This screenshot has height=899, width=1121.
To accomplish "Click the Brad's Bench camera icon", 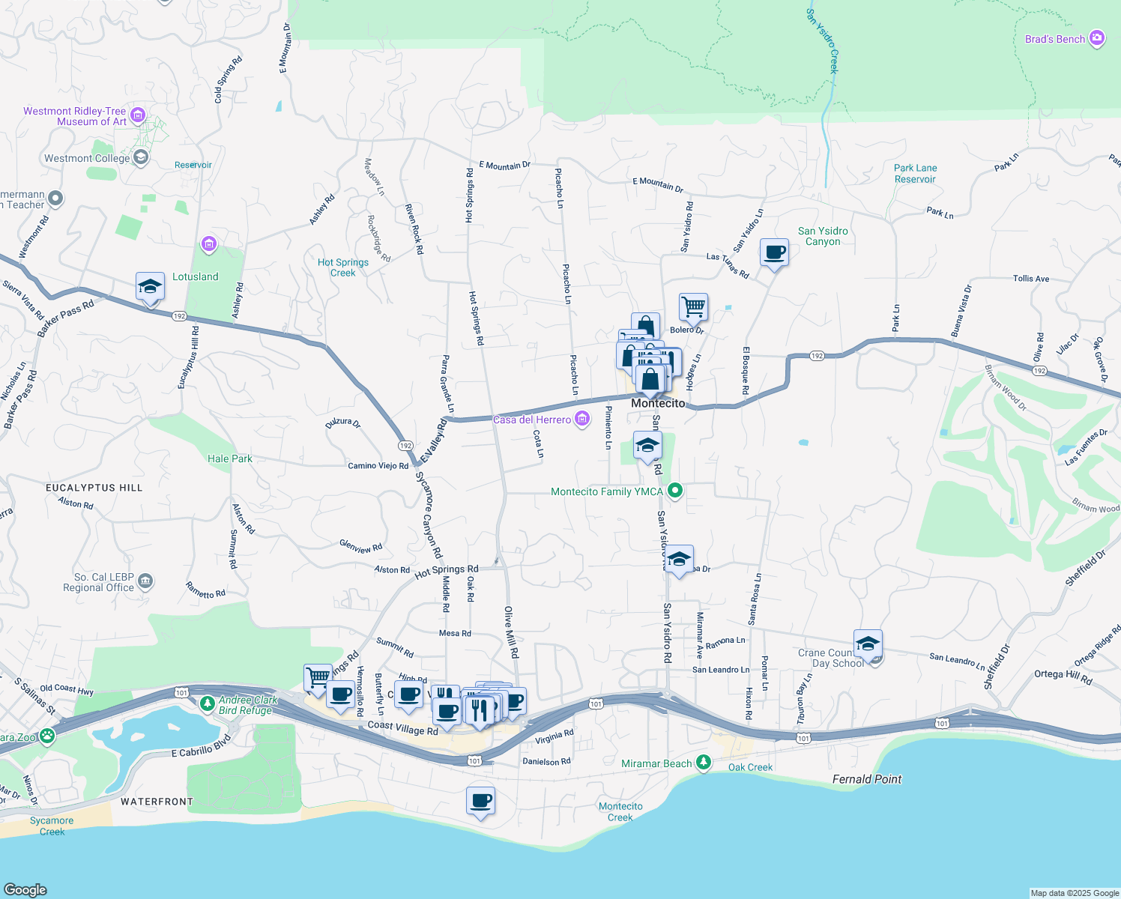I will pos(1096,38).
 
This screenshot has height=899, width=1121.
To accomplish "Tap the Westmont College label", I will pos(87,158).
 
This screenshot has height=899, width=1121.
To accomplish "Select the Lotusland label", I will pos(195,276).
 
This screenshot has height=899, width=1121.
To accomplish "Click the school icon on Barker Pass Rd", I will pos(150,287).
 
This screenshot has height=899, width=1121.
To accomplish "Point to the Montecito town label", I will pos(658,403).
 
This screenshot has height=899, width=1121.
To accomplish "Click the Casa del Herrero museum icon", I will pos(582,420).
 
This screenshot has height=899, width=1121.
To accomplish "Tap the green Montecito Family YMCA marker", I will pos(675,491).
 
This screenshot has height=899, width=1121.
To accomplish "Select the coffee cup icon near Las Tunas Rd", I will pos(774,253).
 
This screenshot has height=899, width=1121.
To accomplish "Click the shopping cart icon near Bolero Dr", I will pos(693,306).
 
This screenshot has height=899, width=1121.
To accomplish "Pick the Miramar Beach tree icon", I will pos(703,763).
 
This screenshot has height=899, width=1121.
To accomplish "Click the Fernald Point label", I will pos(867,779).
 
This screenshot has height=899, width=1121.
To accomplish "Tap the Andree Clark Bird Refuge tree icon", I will pos(208,703).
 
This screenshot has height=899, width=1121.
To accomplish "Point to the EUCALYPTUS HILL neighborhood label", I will pos(94,488).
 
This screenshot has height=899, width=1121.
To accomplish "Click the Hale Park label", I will pos(230,458).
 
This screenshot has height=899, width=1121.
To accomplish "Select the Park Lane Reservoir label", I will pos(915,174).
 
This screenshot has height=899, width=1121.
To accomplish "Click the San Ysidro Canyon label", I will pos(823,236).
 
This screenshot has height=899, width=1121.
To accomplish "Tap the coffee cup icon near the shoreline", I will pos(480,801).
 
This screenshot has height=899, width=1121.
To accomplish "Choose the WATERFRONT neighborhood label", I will pos(157,802).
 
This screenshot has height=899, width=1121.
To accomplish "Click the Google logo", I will pos(25,889).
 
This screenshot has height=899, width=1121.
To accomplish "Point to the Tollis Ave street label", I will pos(1031,279).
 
